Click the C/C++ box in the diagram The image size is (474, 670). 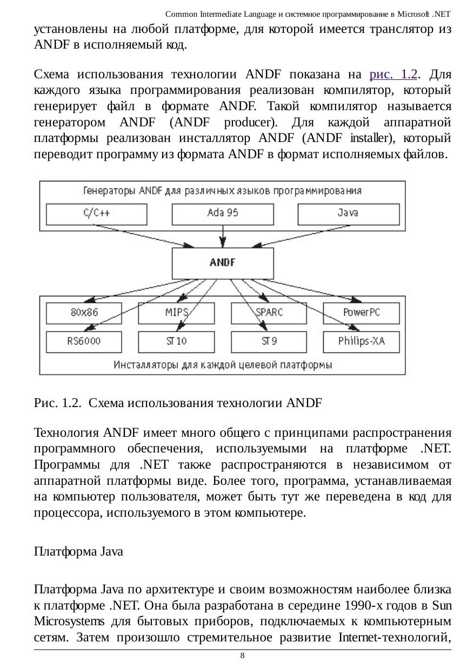[x=97, y=213]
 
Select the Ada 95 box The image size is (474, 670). [x=222, y=213]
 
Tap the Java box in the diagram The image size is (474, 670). [x=349, y=213]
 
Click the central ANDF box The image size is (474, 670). [x=222, y=263]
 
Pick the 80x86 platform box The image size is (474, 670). [x=84, y=313]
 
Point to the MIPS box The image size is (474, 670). [x=176, y=313]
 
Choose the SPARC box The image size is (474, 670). [x=269, y=313]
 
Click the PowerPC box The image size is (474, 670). [x=361, y=313]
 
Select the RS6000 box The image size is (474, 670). [x=84, y=341]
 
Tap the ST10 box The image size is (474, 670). [x=176, y=341]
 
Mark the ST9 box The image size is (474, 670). [x=269, y=341]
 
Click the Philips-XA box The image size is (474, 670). [x=361, y=341]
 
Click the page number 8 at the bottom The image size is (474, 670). [x=242, y=656]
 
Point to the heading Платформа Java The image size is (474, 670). [x=78, y=552]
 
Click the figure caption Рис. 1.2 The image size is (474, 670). [x=178, y=403]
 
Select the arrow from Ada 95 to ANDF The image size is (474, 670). [x=223, y=236]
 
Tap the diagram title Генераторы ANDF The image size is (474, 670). [x=222, y=191]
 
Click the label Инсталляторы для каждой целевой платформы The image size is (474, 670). [x=223, y=364]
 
